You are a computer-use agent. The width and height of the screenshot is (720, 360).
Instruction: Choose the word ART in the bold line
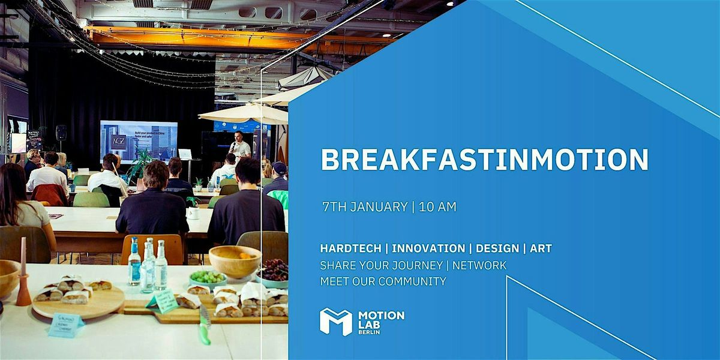[541, 248]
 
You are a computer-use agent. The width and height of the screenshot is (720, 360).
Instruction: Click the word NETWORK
[479, 265]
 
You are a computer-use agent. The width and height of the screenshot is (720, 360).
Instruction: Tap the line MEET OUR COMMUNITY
[383, 281]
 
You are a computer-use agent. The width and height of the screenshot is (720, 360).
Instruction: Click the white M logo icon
[335, 322]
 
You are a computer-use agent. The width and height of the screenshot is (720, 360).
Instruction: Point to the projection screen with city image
[139, 140]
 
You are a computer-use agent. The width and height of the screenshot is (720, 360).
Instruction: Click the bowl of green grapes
[208, 278]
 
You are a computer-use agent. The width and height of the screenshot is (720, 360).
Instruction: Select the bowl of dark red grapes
[274, 271]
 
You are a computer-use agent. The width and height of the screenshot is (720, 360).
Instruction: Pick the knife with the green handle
[205, 326]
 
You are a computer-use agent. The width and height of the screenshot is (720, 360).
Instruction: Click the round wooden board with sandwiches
[78, 300]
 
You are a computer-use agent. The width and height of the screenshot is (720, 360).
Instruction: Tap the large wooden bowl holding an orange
[234, 259]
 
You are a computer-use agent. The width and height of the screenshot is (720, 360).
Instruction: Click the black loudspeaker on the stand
[61, 133]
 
